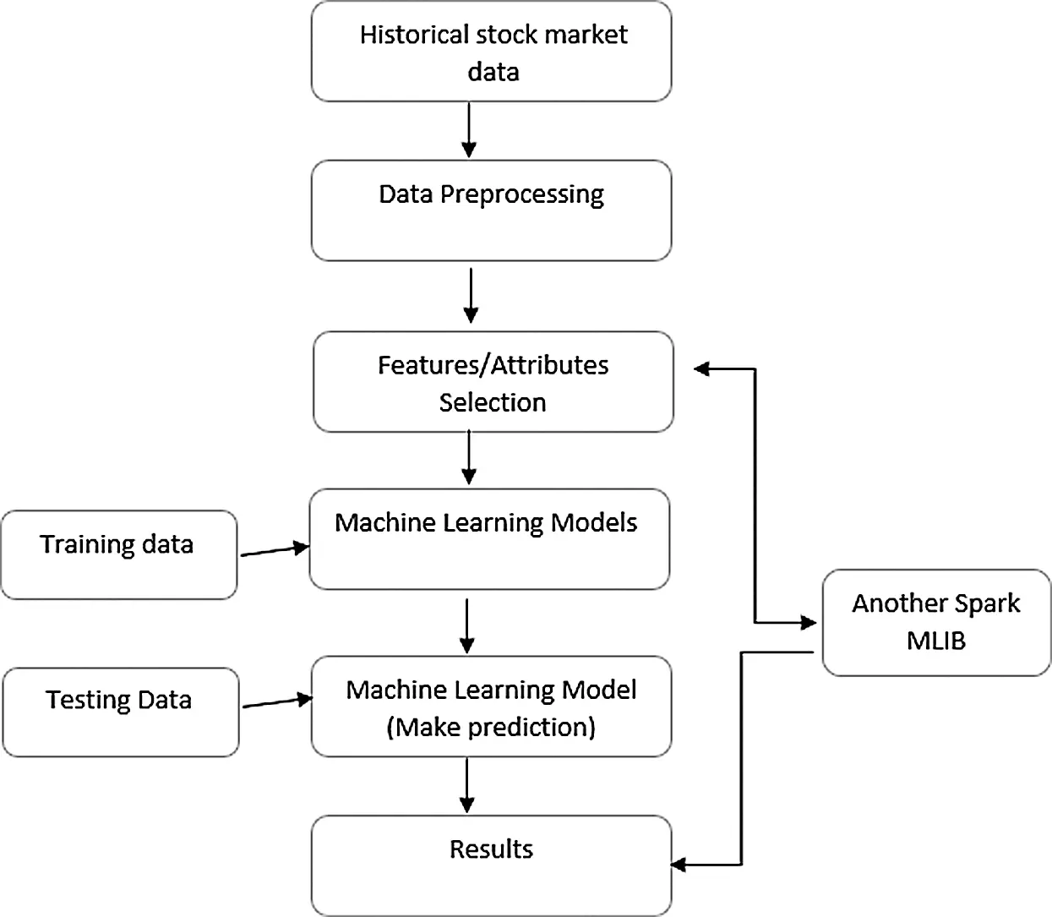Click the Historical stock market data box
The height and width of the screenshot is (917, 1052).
(x=491, y=52)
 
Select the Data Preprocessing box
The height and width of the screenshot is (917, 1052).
(x=491, y=211)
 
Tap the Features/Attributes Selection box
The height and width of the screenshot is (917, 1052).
(x=493, y=383)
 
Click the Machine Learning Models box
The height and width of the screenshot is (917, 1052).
(x=488, y=539)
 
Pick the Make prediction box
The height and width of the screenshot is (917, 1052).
(x=491, y=707)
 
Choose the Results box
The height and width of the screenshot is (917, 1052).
(x=491, y=865)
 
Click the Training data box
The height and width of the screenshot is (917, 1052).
(x=118, y=555)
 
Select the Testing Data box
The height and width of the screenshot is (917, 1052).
(x=120, y=712)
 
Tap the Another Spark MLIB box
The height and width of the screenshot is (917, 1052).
(x=936, y=623)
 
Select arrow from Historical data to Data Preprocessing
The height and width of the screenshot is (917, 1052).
(x=469, y=130)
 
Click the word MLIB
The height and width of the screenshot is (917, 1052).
(x=935, y=641)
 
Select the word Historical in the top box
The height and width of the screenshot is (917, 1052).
(x=414, y=35)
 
